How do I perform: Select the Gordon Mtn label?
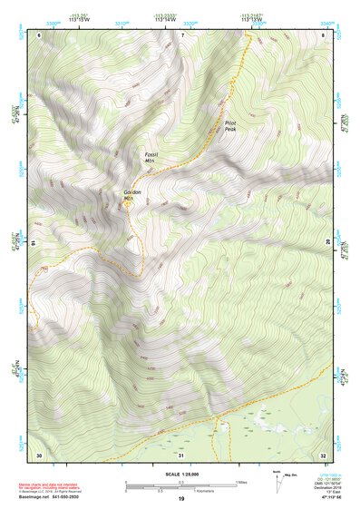pos(132,195)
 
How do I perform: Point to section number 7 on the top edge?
pos(182,34)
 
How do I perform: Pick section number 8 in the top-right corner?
pos(324,34)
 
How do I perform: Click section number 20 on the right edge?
pos(328,242)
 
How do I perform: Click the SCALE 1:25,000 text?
pos(180,475)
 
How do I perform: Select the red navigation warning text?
pos(51,485)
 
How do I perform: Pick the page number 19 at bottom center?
pos(180,500)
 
